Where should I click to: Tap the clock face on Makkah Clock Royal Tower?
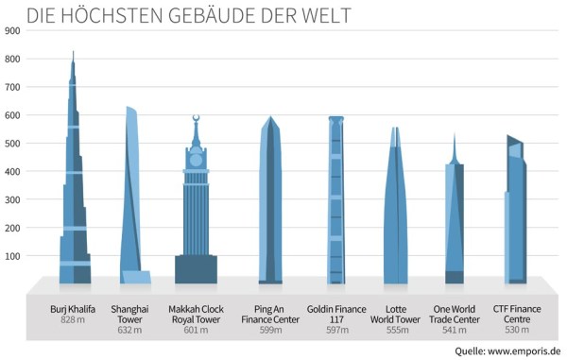[197, 161]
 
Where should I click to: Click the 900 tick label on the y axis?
[12, 30]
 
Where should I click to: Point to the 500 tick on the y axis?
[12, 144]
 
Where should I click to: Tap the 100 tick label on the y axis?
[12, 256]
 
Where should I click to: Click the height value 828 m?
[75, 321]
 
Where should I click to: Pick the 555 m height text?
[396, 321]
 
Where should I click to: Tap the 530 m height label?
[516, 321]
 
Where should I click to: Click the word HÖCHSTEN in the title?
[112, 15]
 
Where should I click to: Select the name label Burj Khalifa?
[75, 309]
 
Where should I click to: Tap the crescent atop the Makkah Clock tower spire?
[197, 118]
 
